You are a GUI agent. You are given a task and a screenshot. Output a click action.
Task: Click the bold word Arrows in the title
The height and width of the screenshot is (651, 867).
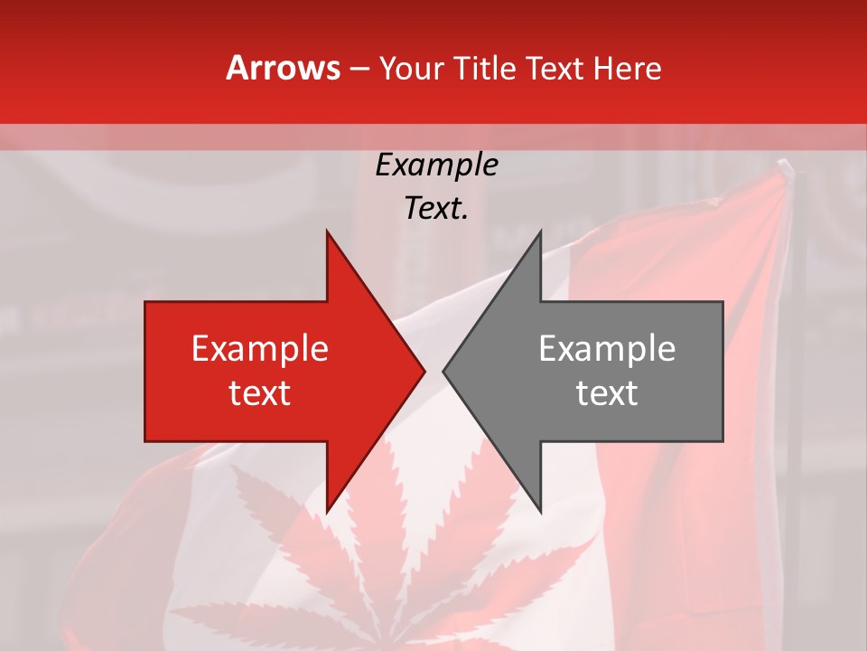pyautogui.click(x=284, y=68)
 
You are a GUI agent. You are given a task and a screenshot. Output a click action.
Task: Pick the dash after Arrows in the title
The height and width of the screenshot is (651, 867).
pyautogui.click(x=360, y=70)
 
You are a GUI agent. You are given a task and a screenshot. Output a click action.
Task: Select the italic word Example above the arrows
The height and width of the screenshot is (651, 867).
pyautogui.click(x=436, y=165)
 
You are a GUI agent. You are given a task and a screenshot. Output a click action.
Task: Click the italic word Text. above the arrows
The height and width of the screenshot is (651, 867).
pyautogui.click(x=436, y=209)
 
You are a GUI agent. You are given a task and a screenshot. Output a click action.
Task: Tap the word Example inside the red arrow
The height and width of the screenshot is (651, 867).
pyautogui.click(x=260, y=348)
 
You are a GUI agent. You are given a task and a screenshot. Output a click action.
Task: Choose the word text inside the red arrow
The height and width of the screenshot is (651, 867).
pyautogui.click(x=260, y=393)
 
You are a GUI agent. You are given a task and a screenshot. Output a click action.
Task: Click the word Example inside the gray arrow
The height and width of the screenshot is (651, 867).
pyautogui.click(x=607, y=348)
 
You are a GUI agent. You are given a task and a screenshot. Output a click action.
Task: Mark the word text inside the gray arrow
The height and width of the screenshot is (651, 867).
pyautogui.click(x=607, y=393)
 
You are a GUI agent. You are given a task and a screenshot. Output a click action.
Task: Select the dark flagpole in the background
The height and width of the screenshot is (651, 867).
pyautogui.click(x=794, y=362)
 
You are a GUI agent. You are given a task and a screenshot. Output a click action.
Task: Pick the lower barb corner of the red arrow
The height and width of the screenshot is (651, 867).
pyautogui.click(x=327, y=512)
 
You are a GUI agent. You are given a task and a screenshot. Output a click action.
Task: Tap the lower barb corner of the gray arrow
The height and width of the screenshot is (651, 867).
pyautogui.click(x=540, y=512)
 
